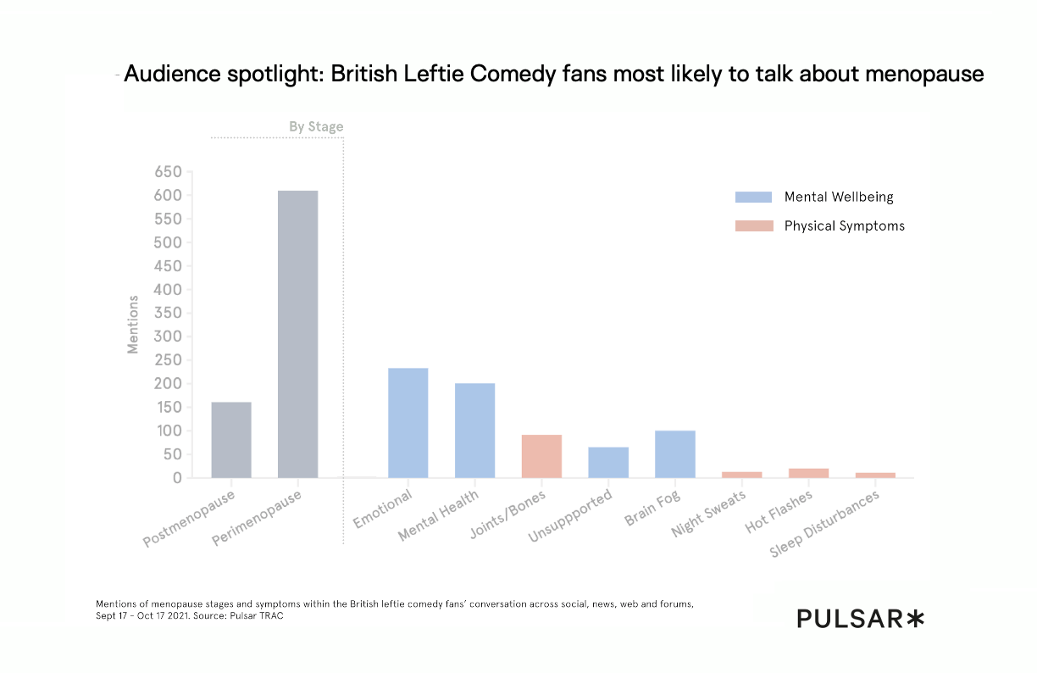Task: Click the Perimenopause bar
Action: (298, 334)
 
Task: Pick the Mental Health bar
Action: (474, 430)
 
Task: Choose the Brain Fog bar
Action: (675, 453)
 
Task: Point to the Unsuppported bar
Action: (608, 462)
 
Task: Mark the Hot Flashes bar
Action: (808, 473)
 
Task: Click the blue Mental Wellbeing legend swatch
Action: (753, 197)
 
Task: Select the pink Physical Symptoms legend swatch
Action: (753, 226)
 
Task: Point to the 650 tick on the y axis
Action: (169, 172)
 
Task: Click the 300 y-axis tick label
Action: (169, 336)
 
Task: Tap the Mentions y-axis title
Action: (133, 324)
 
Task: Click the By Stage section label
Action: (316, 127)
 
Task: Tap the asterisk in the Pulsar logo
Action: (914, 620)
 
